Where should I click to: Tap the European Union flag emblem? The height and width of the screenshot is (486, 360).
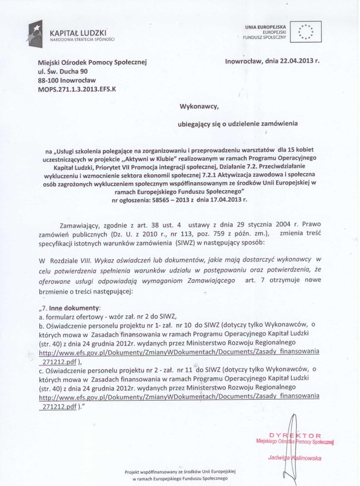tap(306, 31)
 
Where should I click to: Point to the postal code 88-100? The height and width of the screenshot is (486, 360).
tap(48, 80)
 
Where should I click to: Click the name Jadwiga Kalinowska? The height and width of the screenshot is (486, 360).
tap(295, 458)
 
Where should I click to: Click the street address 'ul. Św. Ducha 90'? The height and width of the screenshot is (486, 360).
tap(63, 71)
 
